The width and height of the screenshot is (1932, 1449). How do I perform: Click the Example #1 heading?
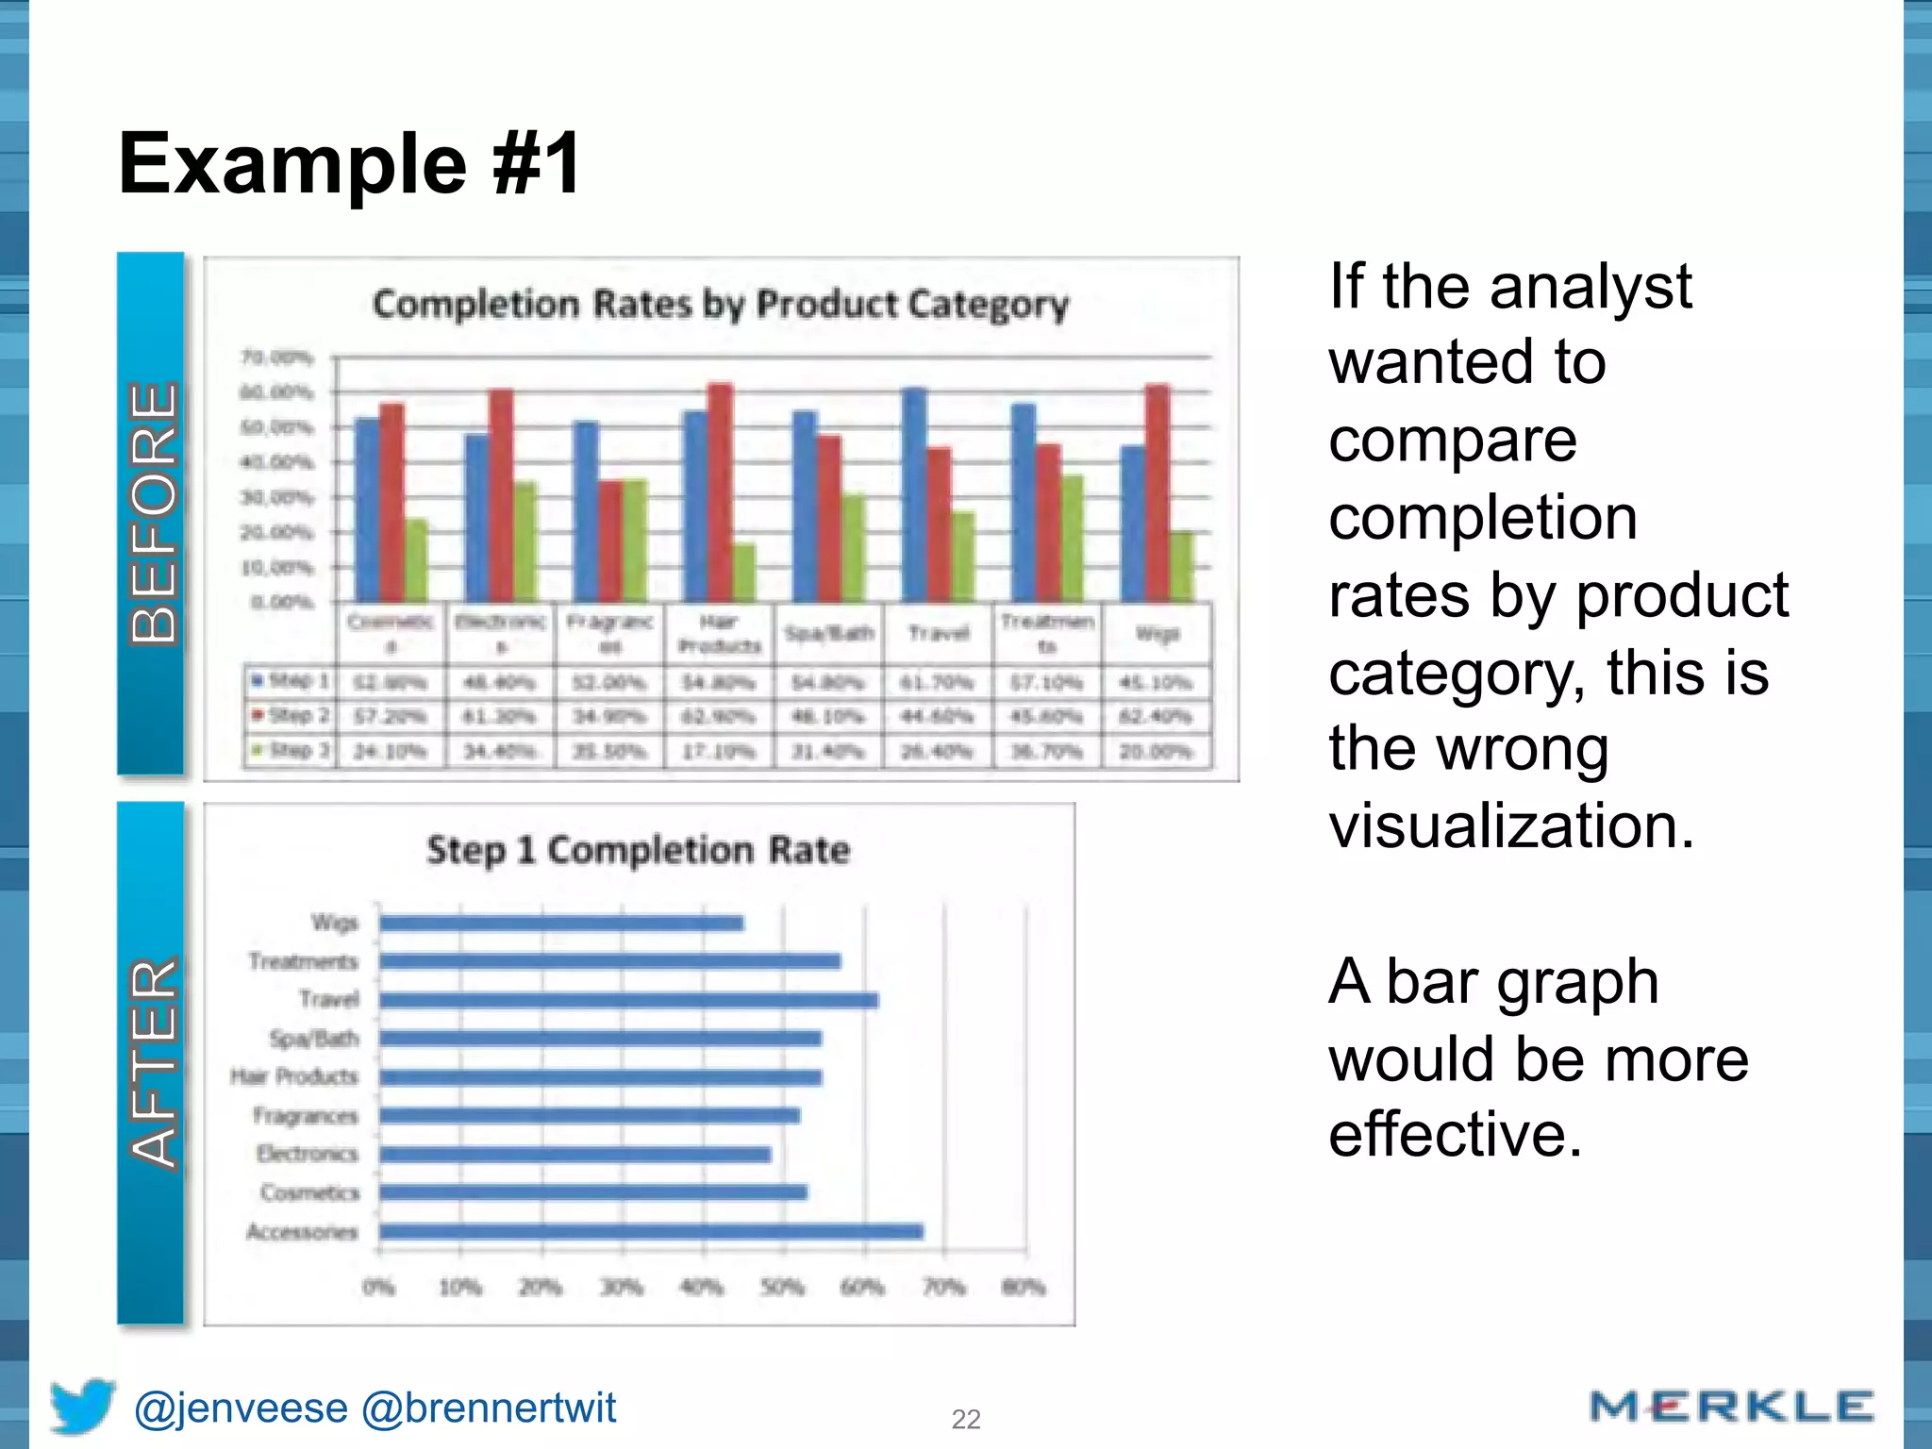[x=349, y=163]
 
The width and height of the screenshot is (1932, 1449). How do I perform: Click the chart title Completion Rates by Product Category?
[x=721, y=305]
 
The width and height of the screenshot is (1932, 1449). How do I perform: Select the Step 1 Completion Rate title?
[x=638, y=850]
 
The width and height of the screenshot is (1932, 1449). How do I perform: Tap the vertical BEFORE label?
[x=152, y=513]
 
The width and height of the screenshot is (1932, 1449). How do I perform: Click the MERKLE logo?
[x=1730, y=1407]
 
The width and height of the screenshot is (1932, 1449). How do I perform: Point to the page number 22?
[x=966, y=1419]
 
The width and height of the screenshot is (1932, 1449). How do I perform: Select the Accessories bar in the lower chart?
[x=651, y=1231]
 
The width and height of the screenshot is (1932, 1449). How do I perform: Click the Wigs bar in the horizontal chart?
[x=561, y=923]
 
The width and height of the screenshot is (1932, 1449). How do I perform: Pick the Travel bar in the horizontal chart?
[x=628, y=1000]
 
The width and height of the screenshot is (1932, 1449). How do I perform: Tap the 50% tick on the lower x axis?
[x=783, y=1287]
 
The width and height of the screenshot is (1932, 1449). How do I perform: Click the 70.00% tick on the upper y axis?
[x=276, y=358]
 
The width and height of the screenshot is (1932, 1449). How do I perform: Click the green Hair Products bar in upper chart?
[x=744, y=572]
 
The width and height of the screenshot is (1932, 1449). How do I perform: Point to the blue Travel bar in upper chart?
[x=914, y=494]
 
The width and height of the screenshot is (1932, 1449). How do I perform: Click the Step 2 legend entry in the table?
[x=291, y=716]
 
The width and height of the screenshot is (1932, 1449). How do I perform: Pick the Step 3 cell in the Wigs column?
[x=1156, y=752]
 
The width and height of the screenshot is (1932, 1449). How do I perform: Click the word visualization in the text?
[x=1511, y=826]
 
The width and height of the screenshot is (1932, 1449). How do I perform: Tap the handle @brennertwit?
[x=489, y=1407]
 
